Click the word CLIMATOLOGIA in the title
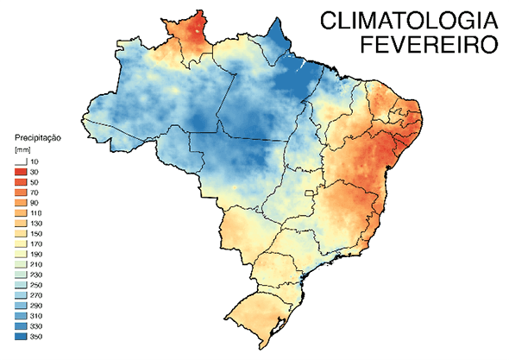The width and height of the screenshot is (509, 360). click(x=405, y=21)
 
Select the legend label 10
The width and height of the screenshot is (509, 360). click(x=35, y=162)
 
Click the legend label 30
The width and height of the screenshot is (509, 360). click(x=35, y=174)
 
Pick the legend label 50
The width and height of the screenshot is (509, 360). click(x=35, y=184)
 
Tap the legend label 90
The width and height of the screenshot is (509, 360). click(x=35, y=203)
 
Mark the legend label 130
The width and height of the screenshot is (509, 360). click(x=36, y=224)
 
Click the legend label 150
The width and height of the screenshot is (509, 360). click(x=36, y=234)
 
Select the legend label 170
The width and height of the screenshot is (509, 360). click(x=36, y=244)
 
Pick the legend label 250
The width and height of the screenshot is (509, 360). click(x=36, y=285)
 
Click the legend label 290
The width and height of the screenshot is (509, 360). click(x=36, y=306)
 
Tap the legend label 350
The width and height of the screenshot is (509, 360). click(x=36, y=336)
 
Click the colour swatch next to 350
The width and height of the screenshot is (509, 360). click(x=21, y=336)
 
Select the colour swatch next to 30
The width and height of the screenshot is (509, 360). click(x=21, y=174)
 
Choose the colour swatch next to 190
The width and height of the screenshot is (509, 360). click(x=21, y=255)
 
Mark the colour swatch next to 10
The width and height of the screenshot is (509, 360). click(x=21, y=162)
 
